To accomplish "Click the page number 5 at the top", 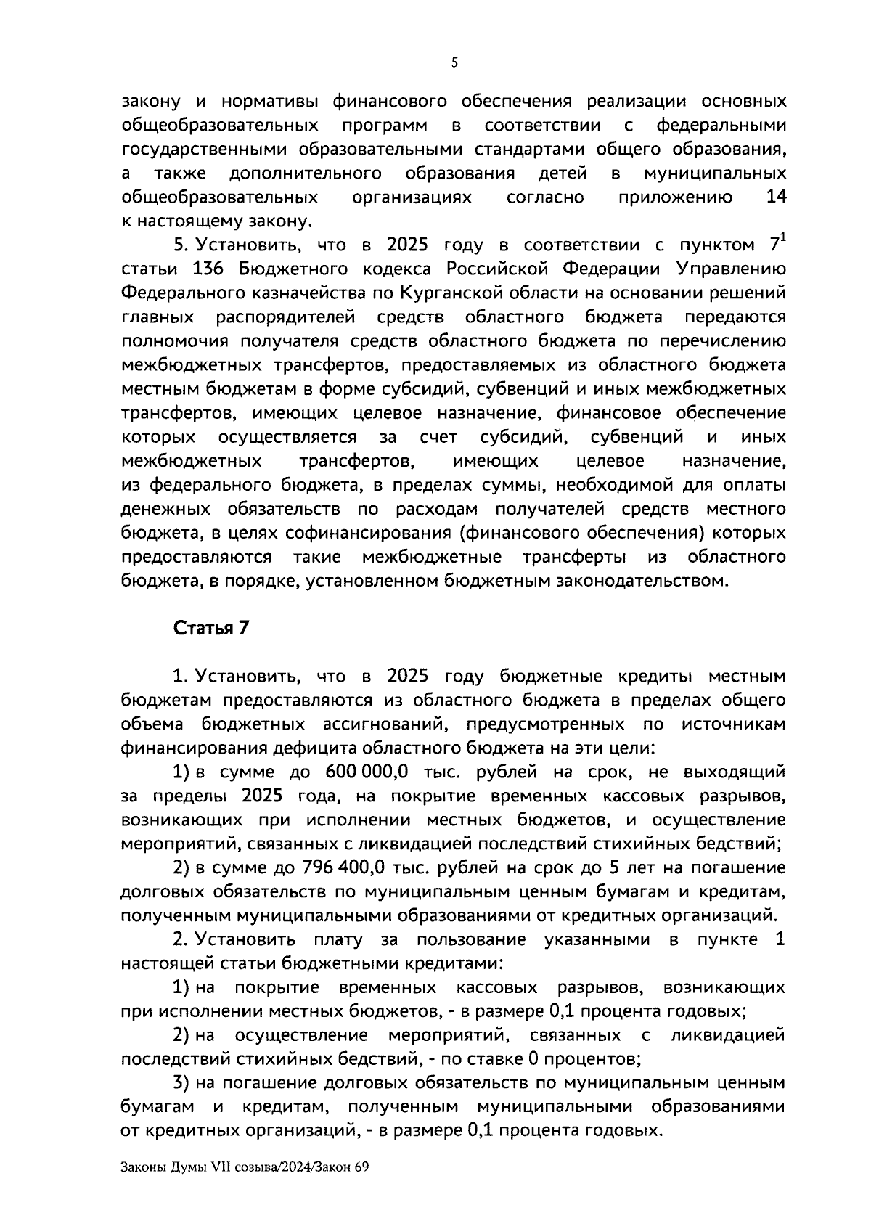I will (x=454, y=63).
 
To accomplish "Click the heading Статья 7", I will (x=210, y=628).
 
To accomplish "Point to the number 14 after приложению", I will (x=776, y=197).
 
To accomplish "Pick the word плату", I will (x=337, y=940).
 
